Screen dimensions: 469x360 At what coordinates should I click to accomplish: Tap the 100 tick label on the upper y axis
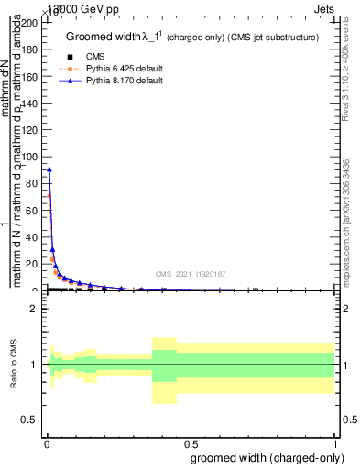pyautogui.click(x=30, y=156)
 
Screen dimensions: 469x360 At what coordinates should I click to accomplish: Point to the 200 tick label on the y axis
pyautogui.click(x=30, y=22)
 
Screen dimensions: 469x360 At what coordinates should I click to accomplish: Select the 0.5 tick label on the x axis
pyautogui.click(x=190, y=444)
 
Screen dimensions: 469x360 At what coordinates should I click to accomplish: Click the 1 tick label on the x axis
pyautogui.click(x=334, y=444)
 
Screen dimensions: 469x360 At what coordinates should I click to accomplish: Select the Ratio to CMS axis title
pyautogui.click(x=15, y=364)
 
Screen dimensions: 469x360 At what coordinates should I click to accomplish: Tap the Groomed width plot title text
pyautogui.click(x=191, y=38)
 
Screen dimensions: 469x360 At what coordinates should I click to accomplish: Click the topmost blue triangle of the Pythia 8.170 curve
pyautogui.click(x=49, y=169)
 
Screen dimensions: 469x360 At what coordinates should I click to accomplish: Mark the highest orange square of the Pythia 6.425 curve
pyautogui.click(x=49, y=195)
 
